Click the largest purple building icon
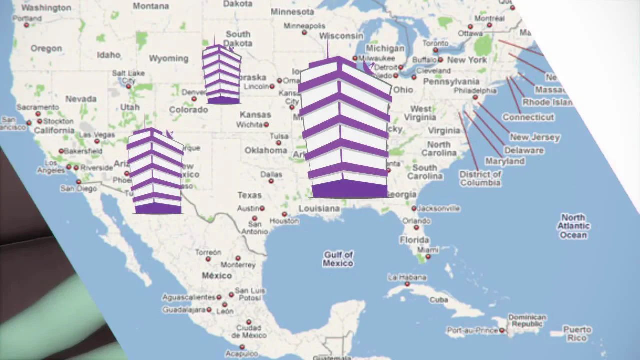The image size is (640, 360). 345,130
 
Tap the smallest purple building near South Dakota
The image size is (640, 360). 221,75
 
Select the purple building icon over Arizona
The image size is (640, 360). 156,172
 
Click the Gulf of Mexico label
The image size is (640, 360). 338,259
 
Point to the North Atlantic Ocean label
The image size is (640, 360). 573,226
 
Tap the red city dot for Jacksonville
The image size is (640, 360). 414,209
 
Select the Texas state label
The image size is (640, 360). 249,195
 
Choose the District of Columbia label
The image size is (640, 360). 480,178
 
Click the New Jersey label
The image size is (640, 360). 535,137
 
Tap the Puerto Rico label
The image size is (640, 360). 577,334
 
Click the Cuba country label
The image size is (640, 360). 439,300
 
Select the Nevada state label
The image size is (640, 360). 81,99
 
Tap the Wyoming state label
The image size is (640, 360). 168,59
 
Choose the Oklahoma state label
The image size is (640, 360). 266,150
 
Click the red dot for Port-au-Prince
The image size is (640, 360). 502,330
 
